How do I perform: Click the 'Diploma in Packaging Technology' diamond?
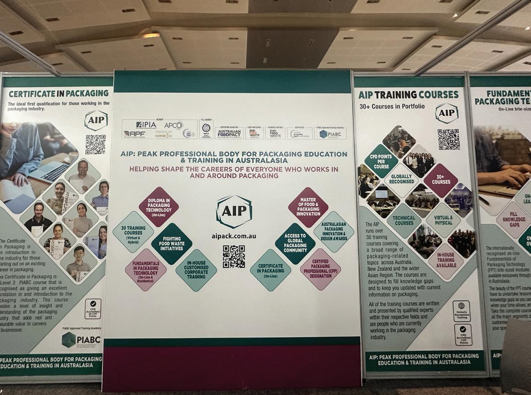159,207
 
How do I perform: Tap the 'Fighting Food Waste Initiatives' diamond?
171,244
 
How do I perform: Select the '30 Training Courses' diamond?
133,231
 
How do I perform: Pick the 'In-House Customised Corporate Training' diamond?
196,270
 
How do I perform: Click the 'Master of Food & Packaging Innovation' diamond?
308,207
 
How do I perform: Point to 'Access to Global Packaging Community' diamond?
295,243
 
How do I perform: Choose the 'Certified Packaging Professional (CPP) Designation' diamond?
321,269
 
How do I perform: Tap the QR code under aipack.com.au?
234,256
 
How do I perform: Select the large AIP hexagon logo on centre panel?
234,212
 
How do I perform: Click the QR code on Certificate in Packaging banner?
95,144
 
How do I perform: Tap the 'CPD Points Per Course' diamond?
381,161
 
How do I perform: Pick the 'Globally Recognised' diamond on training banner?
401,180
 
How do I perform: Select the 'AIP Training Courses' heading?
408,95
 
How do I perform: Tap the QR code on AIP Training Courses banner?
448,139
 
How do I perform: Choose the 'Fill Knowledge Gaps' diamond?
513,220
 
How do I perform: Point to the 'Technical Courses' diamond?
404,220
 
